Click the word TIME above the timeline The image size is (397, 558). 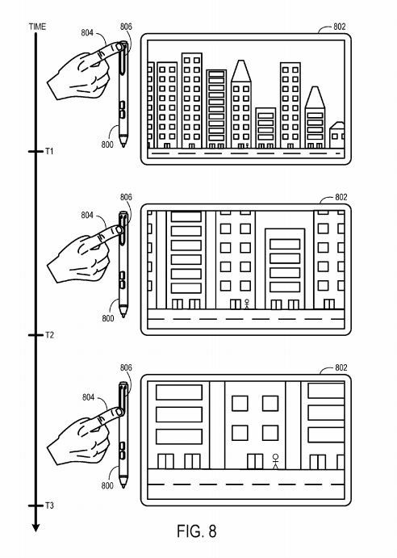(x=37, y=27)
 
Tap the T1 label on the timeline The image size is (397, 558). (x=49, y=151)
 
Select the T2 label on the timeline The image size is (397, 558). (x=49, y=335)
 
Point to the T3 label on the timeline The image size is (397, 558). (x=49, y=506)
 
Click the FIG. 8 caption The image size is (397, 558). (x=197, y=531)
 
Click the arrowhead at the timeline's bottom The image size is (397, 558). (x=36, y=527)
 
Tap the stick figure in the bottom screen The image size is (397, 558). (x=275, y=461)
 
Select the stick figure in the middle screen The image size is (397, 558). (x=247, y=304)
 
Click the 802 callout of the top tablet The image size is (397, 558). (x=340, y=27)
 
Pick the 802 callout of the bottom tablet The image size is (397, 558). (x=341, y=367)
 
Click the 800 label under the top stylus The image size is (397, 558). (x=107, y=145)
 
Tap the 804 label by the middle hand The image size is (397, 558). (x=87, y=215)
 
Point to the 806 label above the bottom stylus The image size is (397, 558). (x=126, y=367)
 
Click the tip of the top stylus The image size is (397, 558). (x=123, y=146)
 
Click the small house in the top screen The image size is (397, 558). (x=336, y=135)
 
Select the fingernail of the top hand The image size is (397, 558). (x=119, y=47)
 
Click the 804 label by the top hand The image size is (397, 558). (x=87, y=33)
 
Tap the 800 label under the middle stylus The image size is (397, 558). (x=108, y=318)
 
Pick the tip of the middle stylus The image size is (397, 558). (x=123, y=316)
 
